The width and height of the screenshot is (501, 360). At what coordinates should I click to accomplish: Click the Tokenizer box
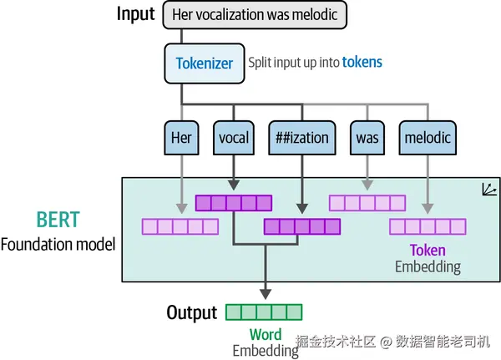(x=205, y=63)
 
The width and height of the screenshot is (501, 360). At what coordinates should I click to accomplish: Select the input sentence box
(x=255, y=15)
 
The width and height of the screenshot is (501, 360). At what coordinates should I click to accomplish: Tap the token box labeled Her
(x=181, y=138)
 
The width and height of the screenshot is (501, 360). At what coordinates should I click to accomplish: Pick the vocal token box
(x=234, y=138)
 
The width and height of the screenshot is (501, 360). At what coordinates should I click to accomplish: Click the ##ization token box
(x=302, y=138)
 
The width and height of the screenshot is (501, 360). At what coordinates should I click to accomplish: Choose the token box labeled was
(x=367, y=138)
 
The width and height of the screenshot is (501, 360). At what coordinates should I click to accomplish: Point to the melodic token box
(x=428, y=138)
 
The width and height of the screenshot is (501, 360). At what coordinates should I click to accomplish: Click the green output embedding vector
(x=264, y=312)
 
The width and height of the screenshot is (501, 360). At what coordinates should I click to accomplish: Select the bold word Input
(x=136, y=14)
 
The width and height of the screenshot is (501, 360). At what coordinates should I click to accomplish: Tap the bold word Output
(x=192, y=312)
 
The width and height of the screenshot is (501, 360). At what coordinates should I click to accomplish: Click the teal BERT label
(x=58, y=220)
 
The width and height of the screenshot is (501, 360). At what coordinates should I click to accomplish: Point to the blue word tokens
(x=362, y=62)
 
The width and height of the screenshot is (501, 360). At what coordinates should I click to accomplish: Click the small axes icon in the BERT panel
(x=489, y=190)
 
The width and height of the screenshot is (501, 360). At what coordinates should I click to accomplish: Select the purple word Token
(x=428, y=250)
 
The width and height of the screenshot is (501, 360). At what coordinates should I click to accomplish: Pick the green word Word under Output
(x=266, y=335)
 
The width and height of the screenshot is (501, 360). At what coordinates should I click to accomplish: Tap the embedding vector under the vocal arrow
(x=234, y=203)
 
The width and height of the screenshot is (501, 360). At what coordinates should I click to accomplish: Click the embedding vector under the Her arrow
(x=180, y=226)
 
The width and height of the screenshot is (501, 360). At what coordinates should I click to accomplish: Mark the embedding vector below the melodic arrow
(x=428, y=226)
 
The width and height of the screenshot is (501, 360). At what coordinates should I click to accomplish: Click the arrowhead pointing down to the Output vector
(x=266, y=294)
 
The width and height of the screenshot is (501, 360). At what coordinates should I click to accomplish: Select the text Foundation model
(x=58, y=245)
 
